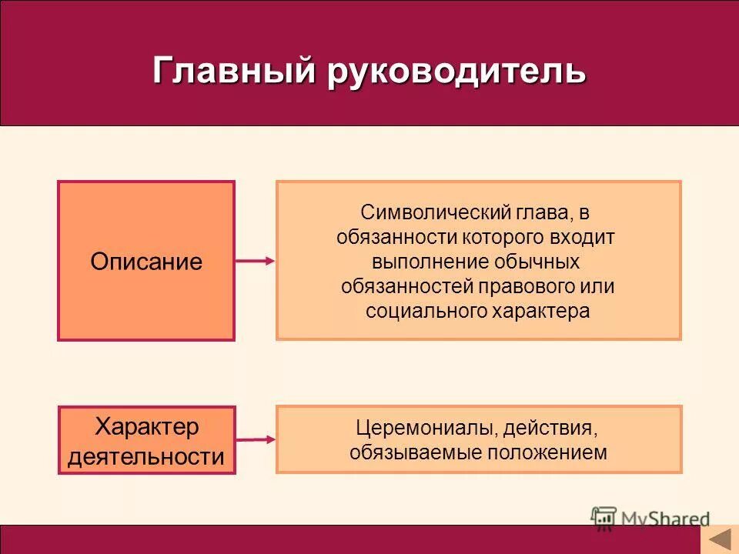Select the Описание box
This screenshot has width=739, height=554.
146,261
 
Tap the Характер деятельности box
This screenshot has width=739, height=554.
146,441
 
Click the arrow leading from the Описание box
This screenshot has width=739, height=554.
255,261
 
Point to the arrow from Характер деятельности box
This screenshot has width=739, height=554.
255,439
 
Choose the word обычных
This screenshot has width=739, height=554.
540,262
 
